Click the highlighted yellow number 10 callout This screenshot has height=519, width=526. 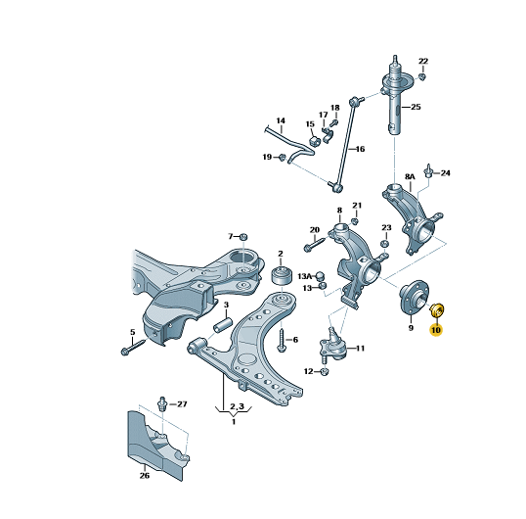coord(436,330)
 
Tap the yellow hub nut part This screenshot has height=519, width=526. coord(437,309)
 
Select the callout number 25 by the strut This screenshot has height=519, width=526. coord(416,107)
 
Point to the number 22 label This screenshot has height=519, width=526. coord(423,61)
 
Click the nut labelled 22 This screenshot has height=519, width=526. coord(422,77)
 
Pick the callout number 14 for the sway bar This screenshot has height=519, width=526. coord(281,120)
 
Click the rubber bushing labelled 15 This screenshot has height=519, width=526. coord(80,141)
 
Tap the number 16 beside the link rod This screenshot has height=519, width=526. coord(360,149)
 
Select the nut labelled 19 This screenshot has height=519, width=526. coord(283,157)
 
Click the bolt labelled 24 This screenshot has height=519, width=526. coord(428,170)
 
